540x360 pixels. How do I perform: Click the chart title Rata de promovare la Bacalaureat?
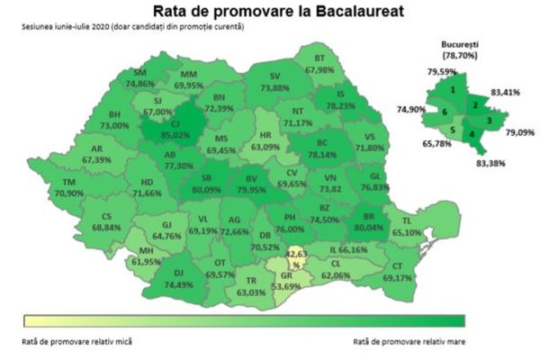[271, 12]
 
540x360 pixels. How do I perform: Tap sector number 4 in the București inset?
[472, 134]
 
